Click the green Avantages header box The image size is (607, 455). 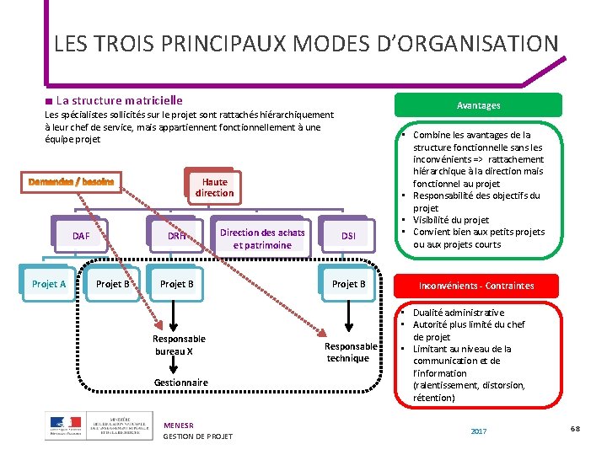[x=478, y=105]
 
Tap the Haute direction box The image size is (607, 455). [x=214, y=187]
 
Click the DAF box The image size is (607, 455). [x=80, y=237]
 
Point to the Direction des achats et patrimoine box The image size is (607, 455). [x=262, y=238]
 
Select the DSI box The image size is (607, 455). [x=348, y=237]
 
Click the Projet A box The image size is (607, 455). [x=49, y=284]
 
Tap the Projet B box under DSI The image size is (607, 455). [x=348, y=284]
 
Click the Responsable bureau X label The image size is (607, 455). [x=179, y=345]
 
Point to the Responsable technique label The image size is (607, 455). [x=351, y=352]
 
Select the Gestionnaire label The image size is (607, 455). [x=180, y=383]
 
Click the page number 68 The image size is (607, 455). [x=575, y=430]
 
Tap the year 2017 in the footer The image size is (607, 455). [x=478, y=431]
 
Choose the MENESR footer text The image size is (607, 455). [x=178, y=426]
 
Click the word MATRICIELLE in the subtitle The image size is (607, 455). [x=152, y=100]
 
